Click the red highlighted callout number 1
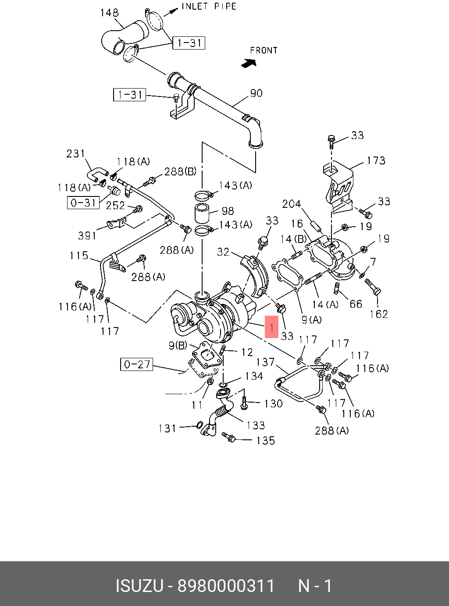point(272,327)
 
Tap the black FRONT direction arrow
point(249,63)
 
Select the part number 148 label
point(109,13)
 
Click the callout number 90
point(256,93)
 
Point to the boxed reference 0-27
point(136,364)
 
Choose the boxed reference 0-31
point(83,203)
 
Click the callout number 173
point(376,160)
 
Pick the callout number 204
point(291,204)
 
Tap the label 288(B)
point(180,171)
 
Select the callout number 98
point(228,211)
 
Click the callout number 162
point(379,314)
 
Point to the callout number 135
point(265,440)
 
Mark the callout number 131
point(167,428)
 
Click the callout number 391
point(87,235)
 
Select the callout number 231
point(75,153)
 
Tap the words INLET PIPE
point(209,7)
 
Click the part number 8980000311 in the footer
point(225,586)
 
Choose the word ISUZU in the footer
point(139,586)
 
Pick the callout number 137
point(265,362)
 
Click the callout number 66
point(356,303)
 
